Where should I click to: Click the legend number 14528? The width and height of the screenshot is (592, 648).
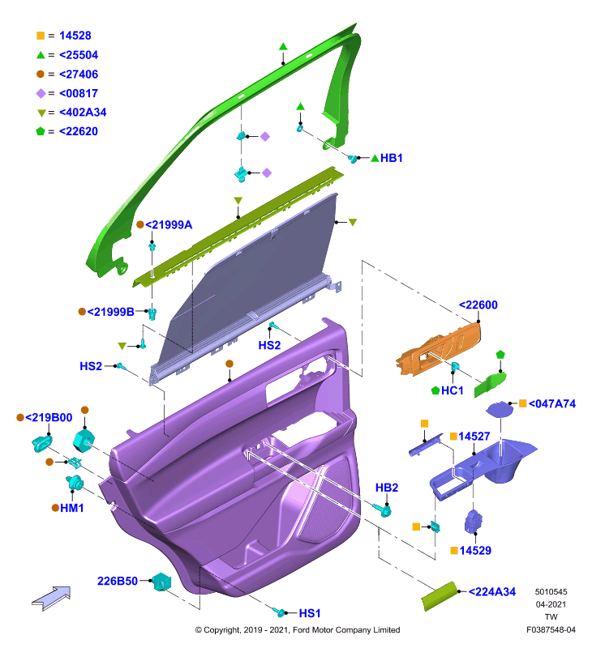[75, 36]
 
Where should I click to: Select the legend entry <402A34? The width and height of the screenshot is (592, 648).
[83, 112]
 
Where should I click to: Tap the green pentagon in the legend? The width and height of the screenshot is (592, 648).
[40, 131]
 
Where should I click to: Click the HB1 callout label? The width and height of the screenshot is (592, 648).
[392, 158]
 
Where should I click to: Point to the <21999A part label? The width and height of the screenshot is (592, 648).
[169, 225]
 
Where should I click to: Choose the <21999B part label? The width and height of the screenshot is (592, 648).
[110, 312]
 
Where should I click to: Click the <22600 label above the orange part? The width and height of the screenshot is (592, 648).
[478, 305]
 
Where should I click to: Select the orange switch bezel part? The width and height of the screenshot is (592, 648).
[439, 348]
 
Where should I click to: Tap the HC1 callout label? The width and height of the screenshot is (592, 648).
[453, 390]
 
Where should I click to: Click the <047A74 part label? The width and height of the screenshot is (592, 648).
[552, 403]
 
